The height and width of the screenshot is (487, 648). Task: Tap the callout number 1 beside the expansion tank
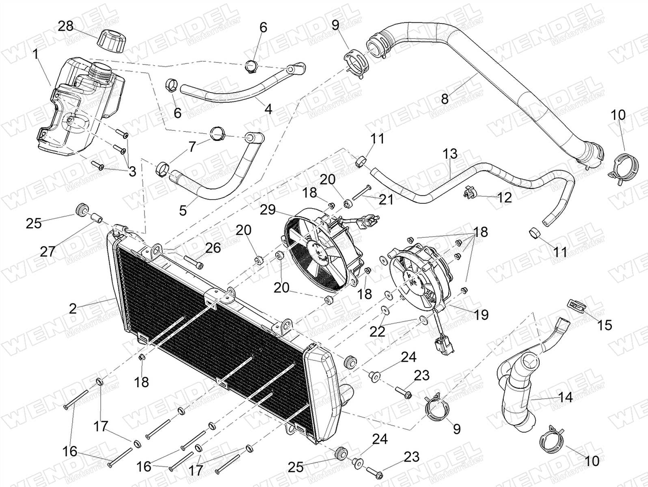click(x=37, y=54)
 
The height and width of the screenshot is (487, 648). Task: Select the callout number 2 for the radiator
click(x=73, y=309)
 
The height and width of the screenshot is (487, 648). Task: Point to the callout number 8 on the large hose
click(x=445, y=98)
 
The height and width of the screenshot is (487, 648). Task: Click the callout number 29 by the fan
click(x=268, y=210)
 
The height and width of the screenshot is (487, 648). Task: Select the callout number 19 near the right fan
click(x=481, y=315)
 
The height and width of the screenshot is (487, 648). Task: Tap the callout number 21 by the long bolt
click(x=386, y=199)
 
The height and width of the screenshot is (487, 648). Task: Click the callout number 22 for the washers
click(x=378, y=332)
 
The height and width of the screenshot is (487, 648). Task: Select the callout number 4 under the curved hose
click(x=268, y=109)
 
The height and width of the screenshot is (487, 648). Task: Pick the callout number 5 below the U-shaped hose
click(x=183, y=210)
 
